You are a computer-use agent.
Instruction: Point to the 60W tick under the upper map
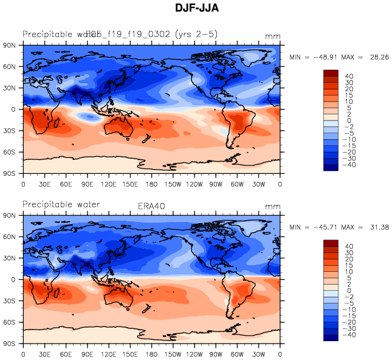pyautogui.click(x=238, y=183)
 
